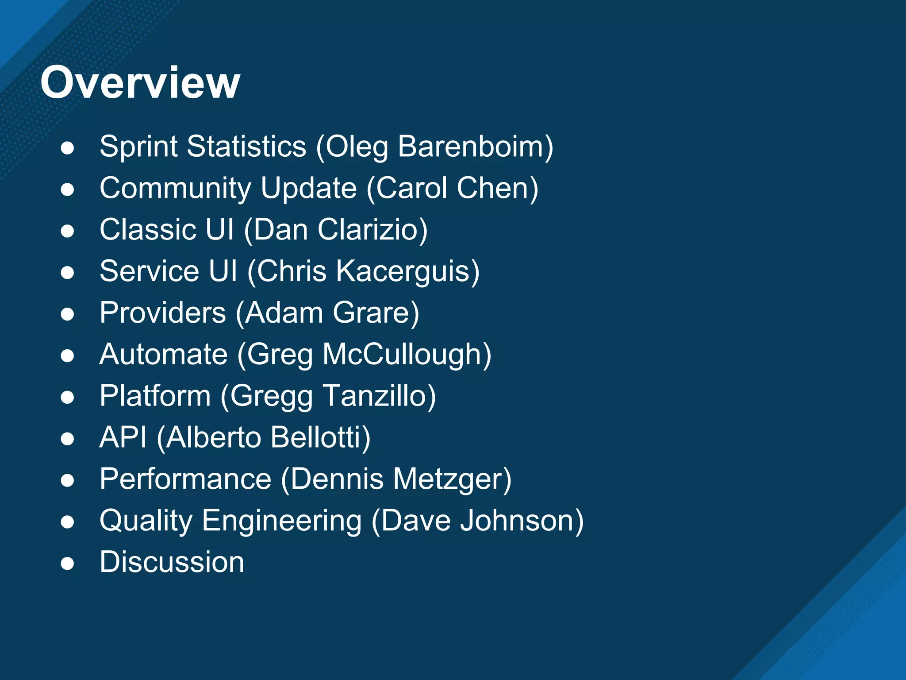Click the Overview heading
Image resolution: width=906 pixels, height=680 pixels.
(x=140, y=83)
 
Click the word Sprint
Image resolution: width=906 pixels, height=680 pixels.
(x=138, y=147)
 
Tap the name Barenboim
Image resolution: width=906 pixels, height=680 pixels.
(x=471, y=147)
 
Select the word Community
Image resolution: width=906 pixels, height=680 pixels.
(x=175, y=188)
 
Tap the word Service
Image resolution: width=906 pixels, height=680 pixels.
(x=149, y=271)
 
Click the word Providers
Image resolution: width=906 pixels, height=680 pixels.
(x=162, y=313)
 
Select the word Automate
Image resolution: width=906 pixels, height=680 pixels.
(x=163, y=354)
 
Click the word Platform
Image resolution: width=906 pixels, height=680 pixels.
(x=155, y=396)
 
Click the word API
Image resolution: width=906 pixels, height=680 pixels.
(x=123, y=437)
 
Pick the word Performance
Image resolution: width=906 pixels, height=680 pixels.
(x=185, y=479)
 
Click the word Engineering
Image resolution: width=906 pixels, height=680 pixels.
(x=282, y=521)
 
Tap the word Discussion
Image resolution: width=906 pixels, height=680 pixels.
(x=172, y=562)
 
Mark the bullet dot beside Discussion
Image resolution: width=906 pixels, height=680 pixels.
(x=67, y=564)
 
